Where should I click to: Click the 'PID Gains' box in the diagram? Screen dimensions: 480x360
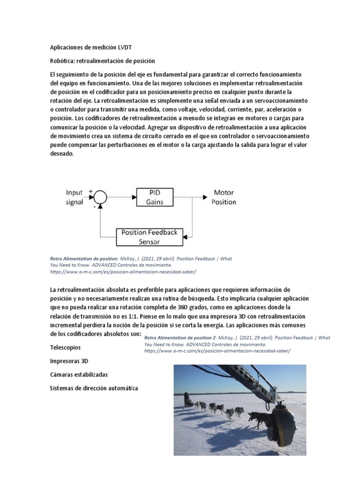(x=154, y=197)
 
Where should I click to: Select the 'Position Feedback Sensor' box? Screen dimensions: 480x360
(x=149, y=237)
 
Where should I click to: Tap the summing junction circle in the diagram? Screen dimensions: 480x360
(x=100, y=197)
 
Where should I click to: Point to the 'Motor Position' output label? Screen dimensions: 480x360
(x=224, y=197)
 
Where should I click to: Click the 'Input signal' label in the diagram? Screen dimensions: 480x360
(x=75, y=197)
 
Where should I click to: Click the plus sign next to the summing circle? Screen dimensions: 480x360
(x=90, y=191)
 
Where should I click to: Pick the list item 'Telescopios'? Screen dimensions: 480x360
(x=65, y=347)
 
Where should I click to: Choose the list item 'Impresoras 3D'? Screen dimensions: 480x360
(x=69, y=361)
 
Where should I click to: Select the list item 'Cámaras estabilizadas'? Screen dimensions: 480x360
(x=79, y=375)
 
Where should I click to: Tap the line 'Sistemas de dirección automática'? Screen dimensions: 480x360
(x=94, y=388)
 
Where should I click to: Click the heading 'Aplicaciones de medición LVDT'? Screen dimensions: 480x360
(x=94, y=47)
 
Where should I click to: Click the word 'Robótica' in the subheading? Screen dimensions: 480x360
(x=62, y=61)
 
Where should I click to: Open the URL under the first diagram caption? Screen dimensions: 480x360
(x=123, y=271)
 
